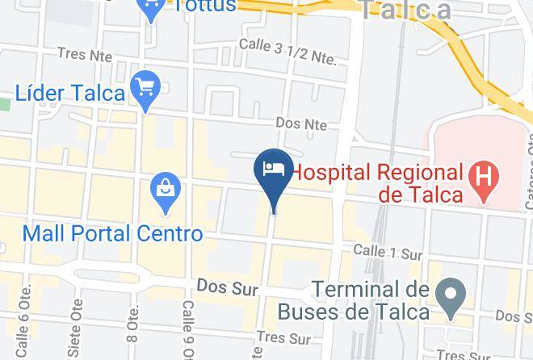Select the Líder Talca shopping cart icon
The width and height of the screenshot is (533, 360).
coord(147,86)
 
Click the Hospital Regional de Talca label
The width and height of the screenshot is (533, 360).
coord(377,182)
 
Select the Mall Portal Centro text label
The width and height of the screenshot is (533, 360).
coord(112,234)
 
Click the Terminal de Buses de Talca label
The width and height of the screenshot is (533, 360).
coord(369,299)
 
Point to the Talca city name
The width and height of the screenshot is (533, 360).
coord(405,10)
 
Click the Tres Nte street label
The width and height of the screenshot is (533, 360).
coord(82,53)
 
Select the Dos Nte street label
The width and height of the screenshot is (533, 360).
coord(301,123)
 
